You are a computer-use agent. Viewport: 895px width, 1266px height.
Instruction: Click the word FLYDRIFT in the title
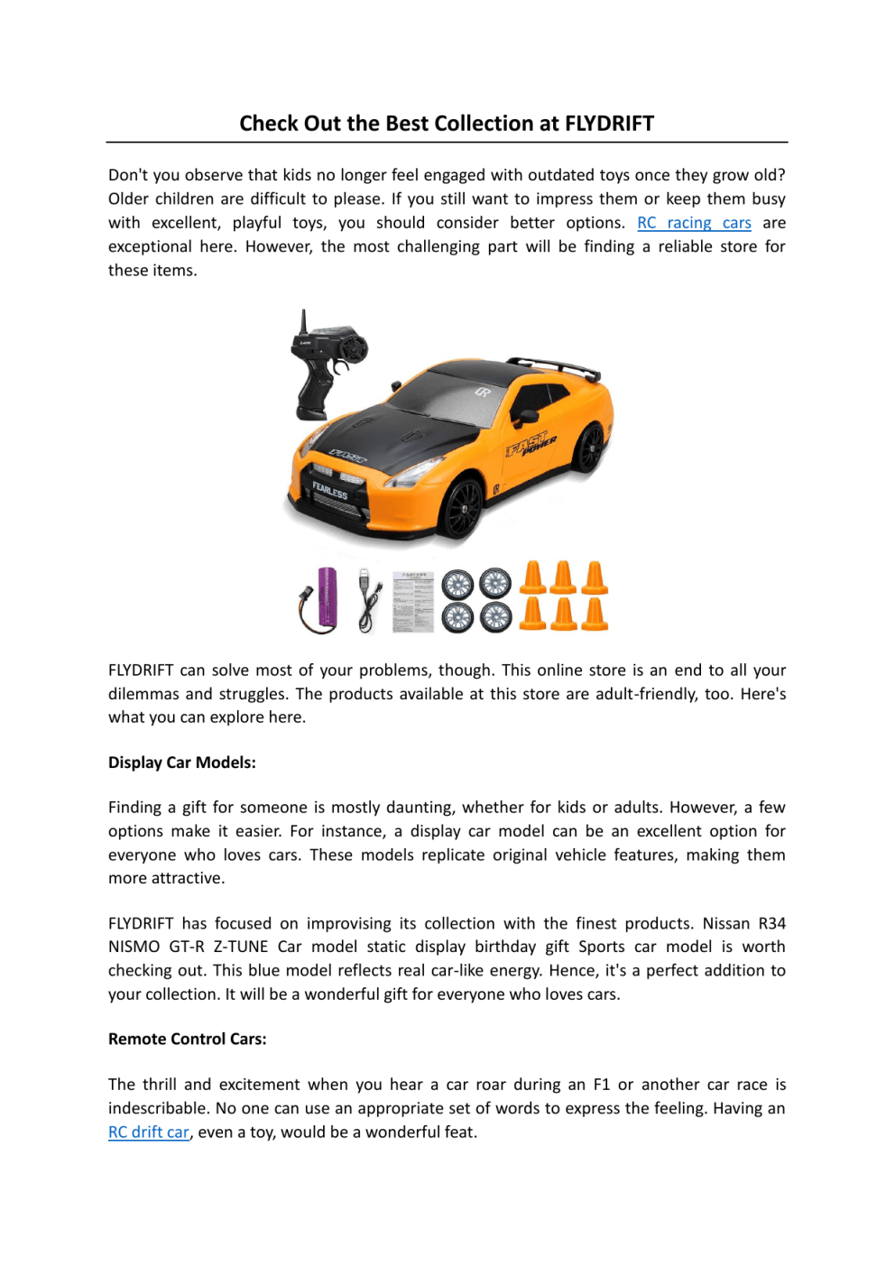tap(609, 124)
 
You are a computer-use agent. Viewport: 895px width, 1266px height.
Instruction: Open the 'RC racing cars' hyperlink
tap(694, 223)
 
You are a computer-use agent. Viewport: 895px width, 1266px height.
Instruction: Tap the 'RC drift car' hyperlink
tap(149, 1132)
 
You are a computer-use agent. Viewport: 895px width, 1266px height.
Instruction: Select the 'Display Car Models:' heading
tap(182, 762)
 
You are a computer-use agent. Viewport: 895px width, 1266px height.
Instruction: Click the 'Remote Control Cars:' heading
tap(188, 1039)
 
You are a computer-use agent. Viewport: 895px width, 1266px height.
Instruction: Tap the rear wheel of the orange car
tap(590, 447)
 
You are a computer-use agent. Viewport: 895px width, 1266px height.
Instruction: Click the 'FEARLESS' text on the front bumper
tap(329, 491)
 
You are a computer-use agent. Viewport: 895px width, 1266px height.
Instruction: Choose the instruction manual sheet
tap(413, 601)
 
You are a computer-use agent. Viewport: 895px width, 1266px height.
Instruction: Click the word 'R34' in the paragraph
tap(771, 923)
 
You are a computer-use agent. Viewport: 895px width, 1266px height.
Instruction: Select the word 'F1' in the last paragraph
tap(601, 1085)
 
